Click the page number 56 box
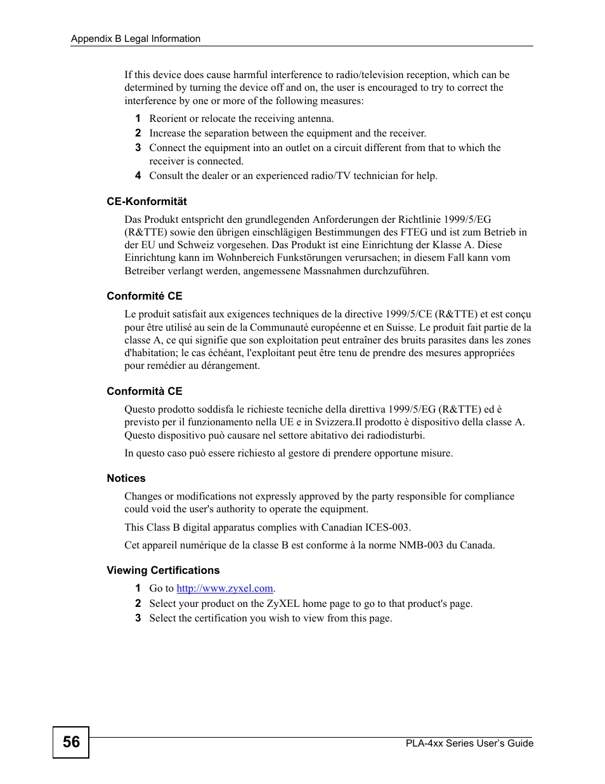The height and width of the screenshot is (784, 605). tap(71, 742)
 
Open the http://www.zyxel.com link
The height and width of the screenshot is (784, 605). tap(224, 588)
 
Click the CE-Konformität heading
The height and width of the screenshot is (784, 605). tap(146, 201)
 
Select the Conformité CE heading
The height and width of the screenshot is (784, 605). tap(144, 296)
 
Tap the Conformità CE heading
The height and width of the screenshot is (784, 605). tap(144, 391)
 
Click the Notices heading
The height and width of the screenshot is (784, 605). tap(126, 478)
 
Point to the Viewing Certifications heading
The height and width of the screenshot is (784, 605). tap(163, 570)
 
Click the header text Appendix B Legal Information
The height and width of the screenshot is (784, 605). tap(135, 39)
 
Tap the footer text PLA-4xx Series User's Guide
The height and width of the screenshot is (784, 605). tap(469, 743)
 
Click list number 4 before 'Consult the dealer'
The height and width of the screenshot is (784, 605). tap(138, 176)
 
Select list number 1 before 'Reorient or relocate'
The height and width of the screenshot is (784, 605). tap(138, 119)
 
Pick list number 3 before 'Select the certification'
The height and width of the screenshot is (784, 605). tap(138, 618)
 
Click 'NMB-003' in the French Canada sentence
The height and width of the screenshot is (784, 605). tap(420, 545)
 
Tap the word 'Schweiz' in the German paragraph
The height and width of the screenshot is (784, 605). tap(195, 245)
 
